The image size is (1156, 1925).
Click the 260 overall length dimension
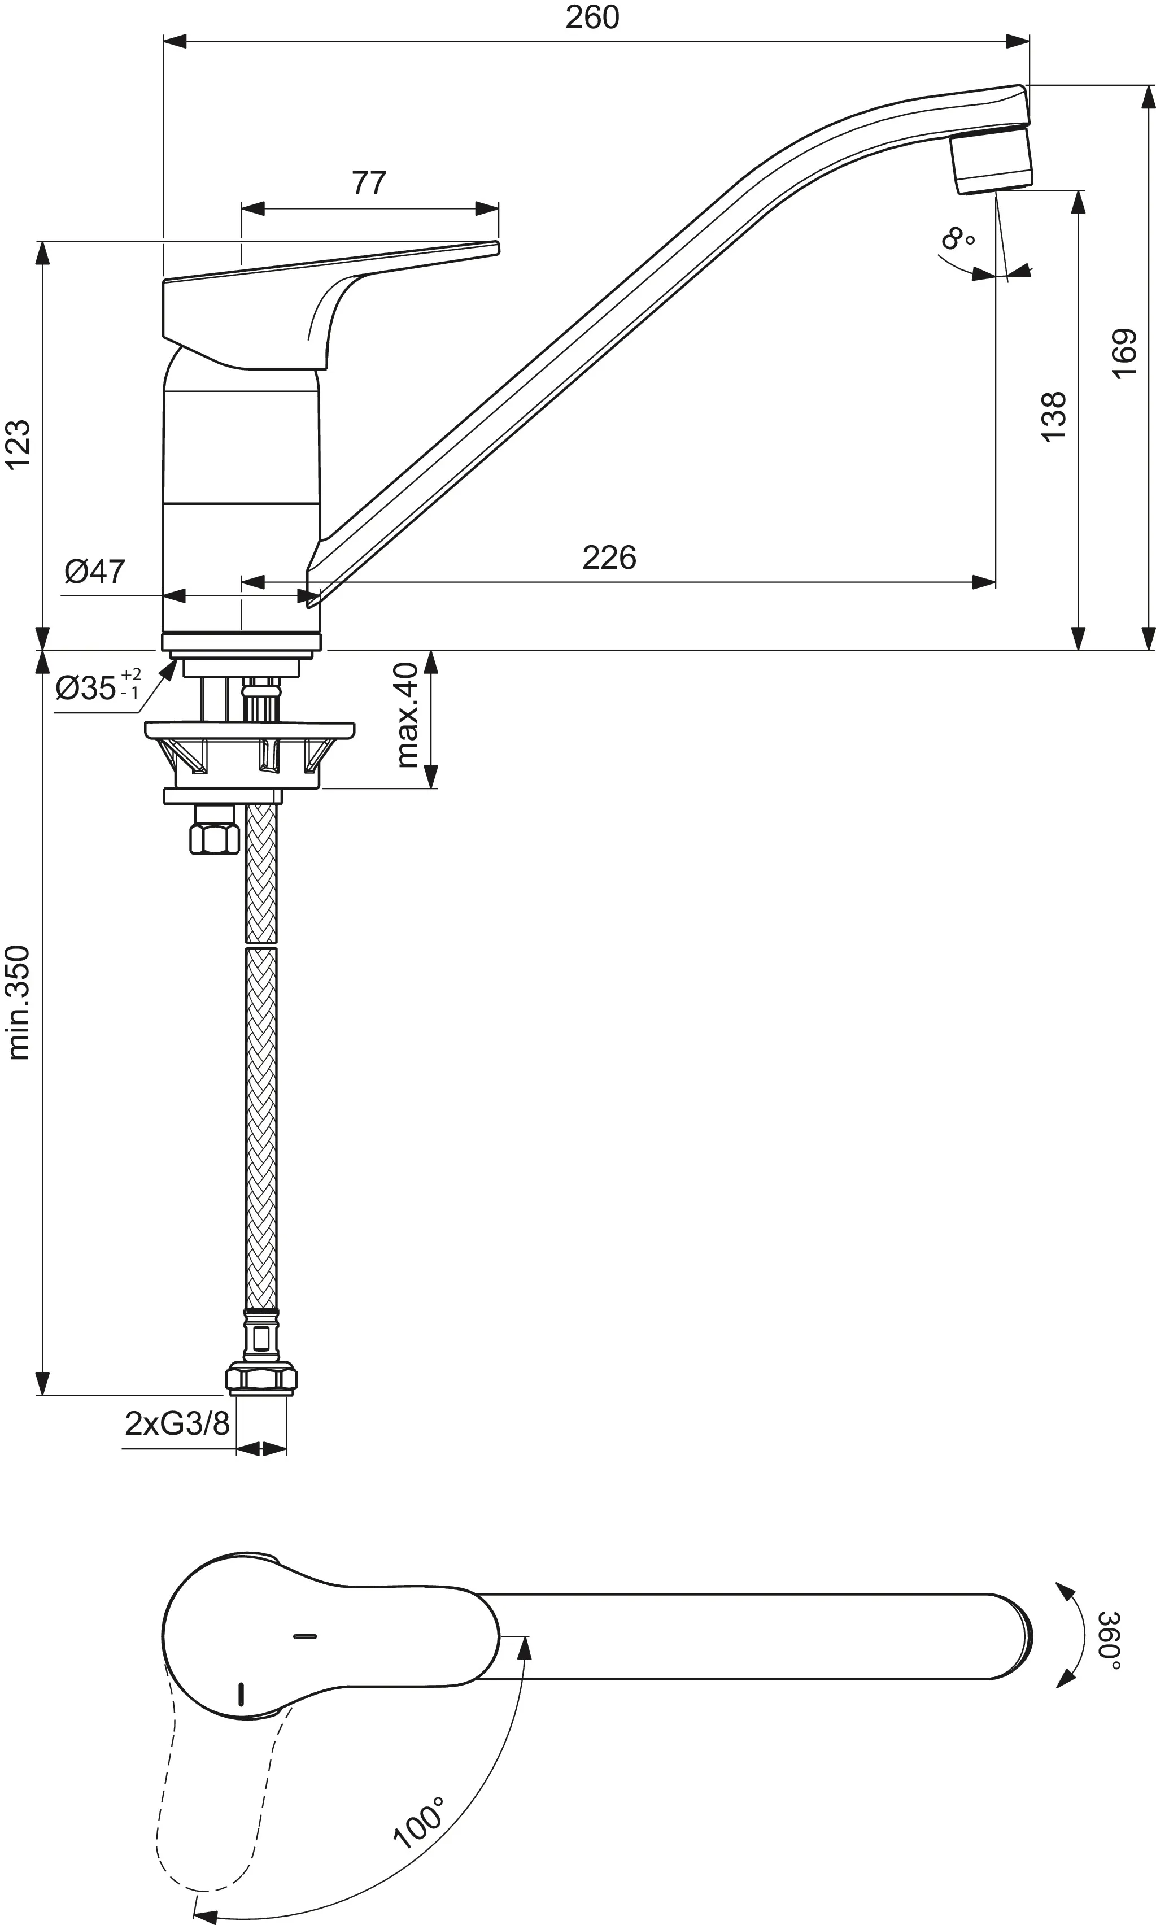592,17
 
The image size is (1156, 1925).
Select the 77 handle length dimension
368,183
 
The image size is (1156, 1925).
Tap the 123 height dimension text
19,444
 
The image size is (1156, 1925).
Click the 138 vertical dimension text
1053,417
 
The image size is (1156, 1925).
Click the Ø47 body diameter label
94,572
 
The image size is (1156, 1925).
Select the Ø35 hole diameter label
97,687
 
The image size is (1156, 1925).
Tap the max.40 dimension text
407,715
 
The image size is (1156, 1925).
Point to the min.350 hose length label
19,1003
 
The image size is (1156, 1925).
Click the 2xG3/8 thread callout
177,1423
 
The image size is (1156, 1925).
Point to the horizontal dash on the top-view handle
304,1637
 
